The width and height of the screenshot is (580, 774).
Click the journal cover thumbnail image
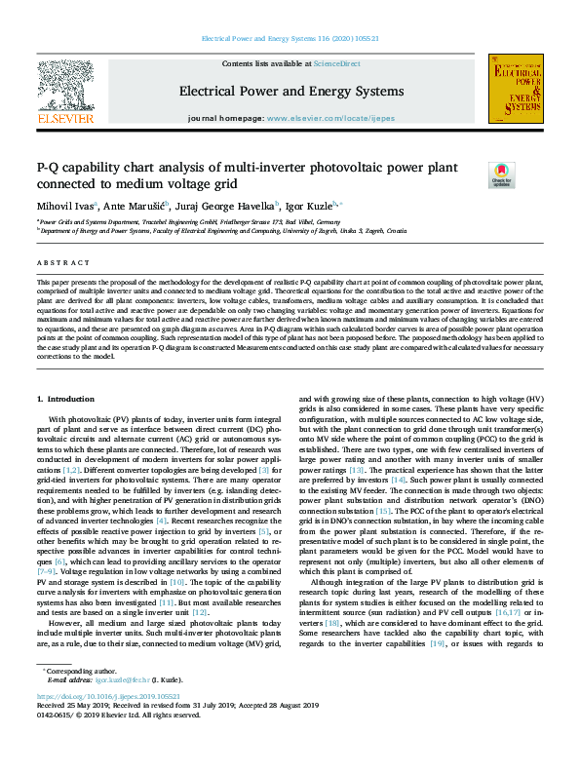515,89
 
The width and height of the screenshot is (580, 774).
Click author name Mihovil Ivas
65,206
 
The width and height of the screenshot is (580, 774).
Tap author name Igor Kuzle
309,206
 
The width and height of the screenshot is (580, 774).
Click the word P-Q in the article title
49,168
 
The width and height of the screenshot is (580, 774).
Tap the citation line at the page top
290,38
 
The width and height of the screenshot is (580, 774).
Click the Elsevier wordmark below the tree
65,118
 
